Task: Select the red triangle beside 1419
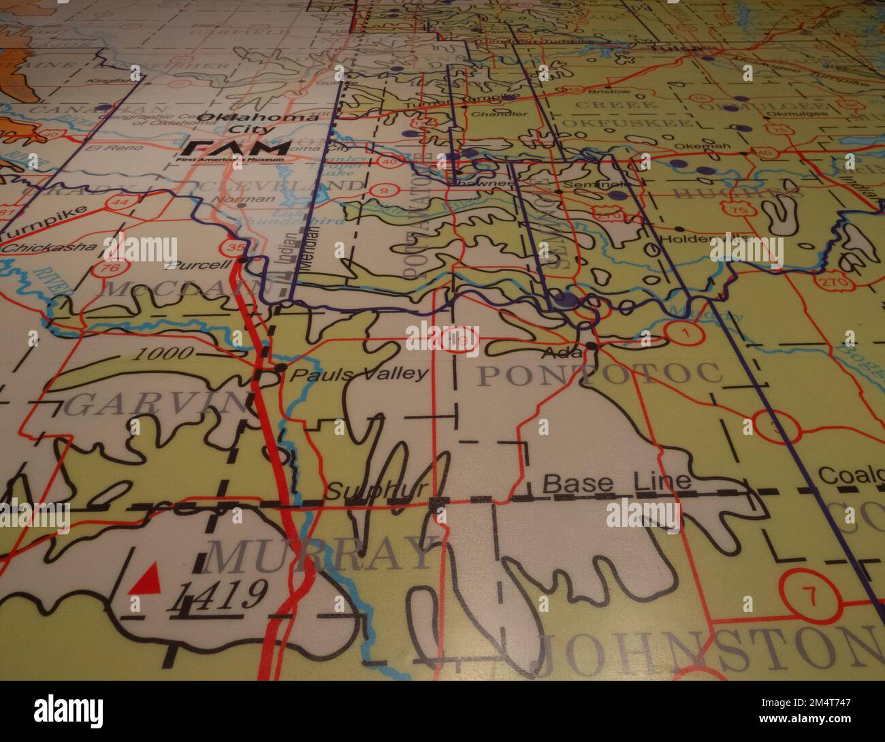148,579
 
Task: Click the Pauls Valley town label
359,373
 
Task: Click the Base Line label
617,483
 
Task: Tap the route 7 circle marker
809,596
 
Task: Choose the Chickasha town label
48,247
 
